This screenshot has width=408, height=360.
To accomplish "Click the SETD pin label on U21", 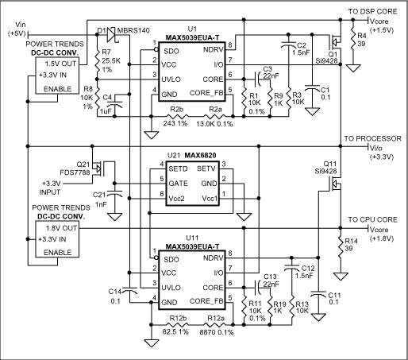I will point(177,168).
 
